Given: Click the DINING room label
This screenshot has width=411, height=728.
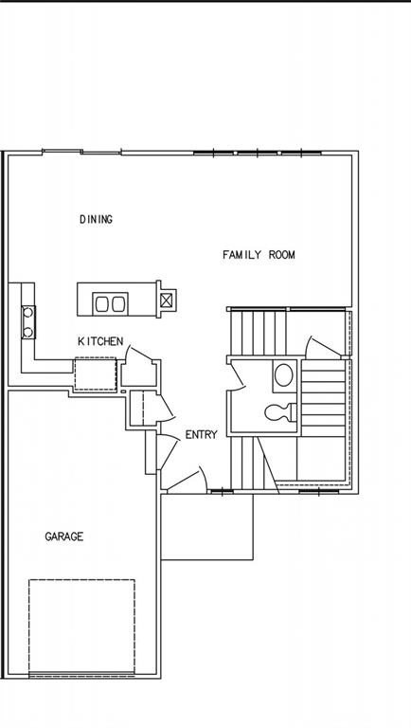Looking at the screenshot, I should click(x=96, y=220).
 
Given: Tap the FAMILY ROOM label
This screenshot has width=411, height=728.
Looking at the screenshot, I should click(x=259, y=255).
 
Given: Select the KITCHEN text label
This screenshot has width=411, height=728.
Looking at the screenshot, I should click(x=100, y=341).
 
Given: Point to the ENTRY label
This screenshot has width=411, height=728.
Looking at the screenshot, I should click(x=201, y=435).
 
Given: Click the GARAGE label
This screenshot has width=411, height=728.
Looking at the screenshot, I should click(x=64, y=537).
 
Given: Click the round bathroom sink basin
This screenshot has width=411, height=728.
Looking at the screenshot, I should click(x=283, y=375).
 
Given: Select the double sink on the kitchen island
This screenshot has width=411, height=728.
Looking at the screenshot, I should click(x=110, y=304).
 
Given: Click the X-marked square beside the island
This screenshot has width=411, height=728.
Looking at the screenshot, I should click(x=167, y=300).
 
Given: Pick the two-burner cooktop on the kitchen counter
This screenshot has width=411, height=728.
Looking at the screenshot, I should click(x=28, y=321).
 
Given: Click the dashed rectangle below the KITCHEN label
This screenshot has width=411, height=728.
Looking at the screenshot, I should click(x=95, y=373).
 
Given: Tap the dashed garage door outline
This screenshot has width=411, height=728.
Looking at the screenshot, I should click(x=80, y=626).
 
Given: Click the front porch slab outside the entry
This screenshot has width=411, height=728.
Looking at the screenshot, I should click(x=206, y=527).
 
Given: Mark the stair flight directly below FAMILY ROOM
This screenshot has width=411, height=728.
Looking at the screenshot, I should click(x=258, y=332).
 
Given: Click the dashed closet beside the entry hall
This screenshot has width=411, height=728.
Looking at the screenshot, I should click(x=135, y=409).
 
